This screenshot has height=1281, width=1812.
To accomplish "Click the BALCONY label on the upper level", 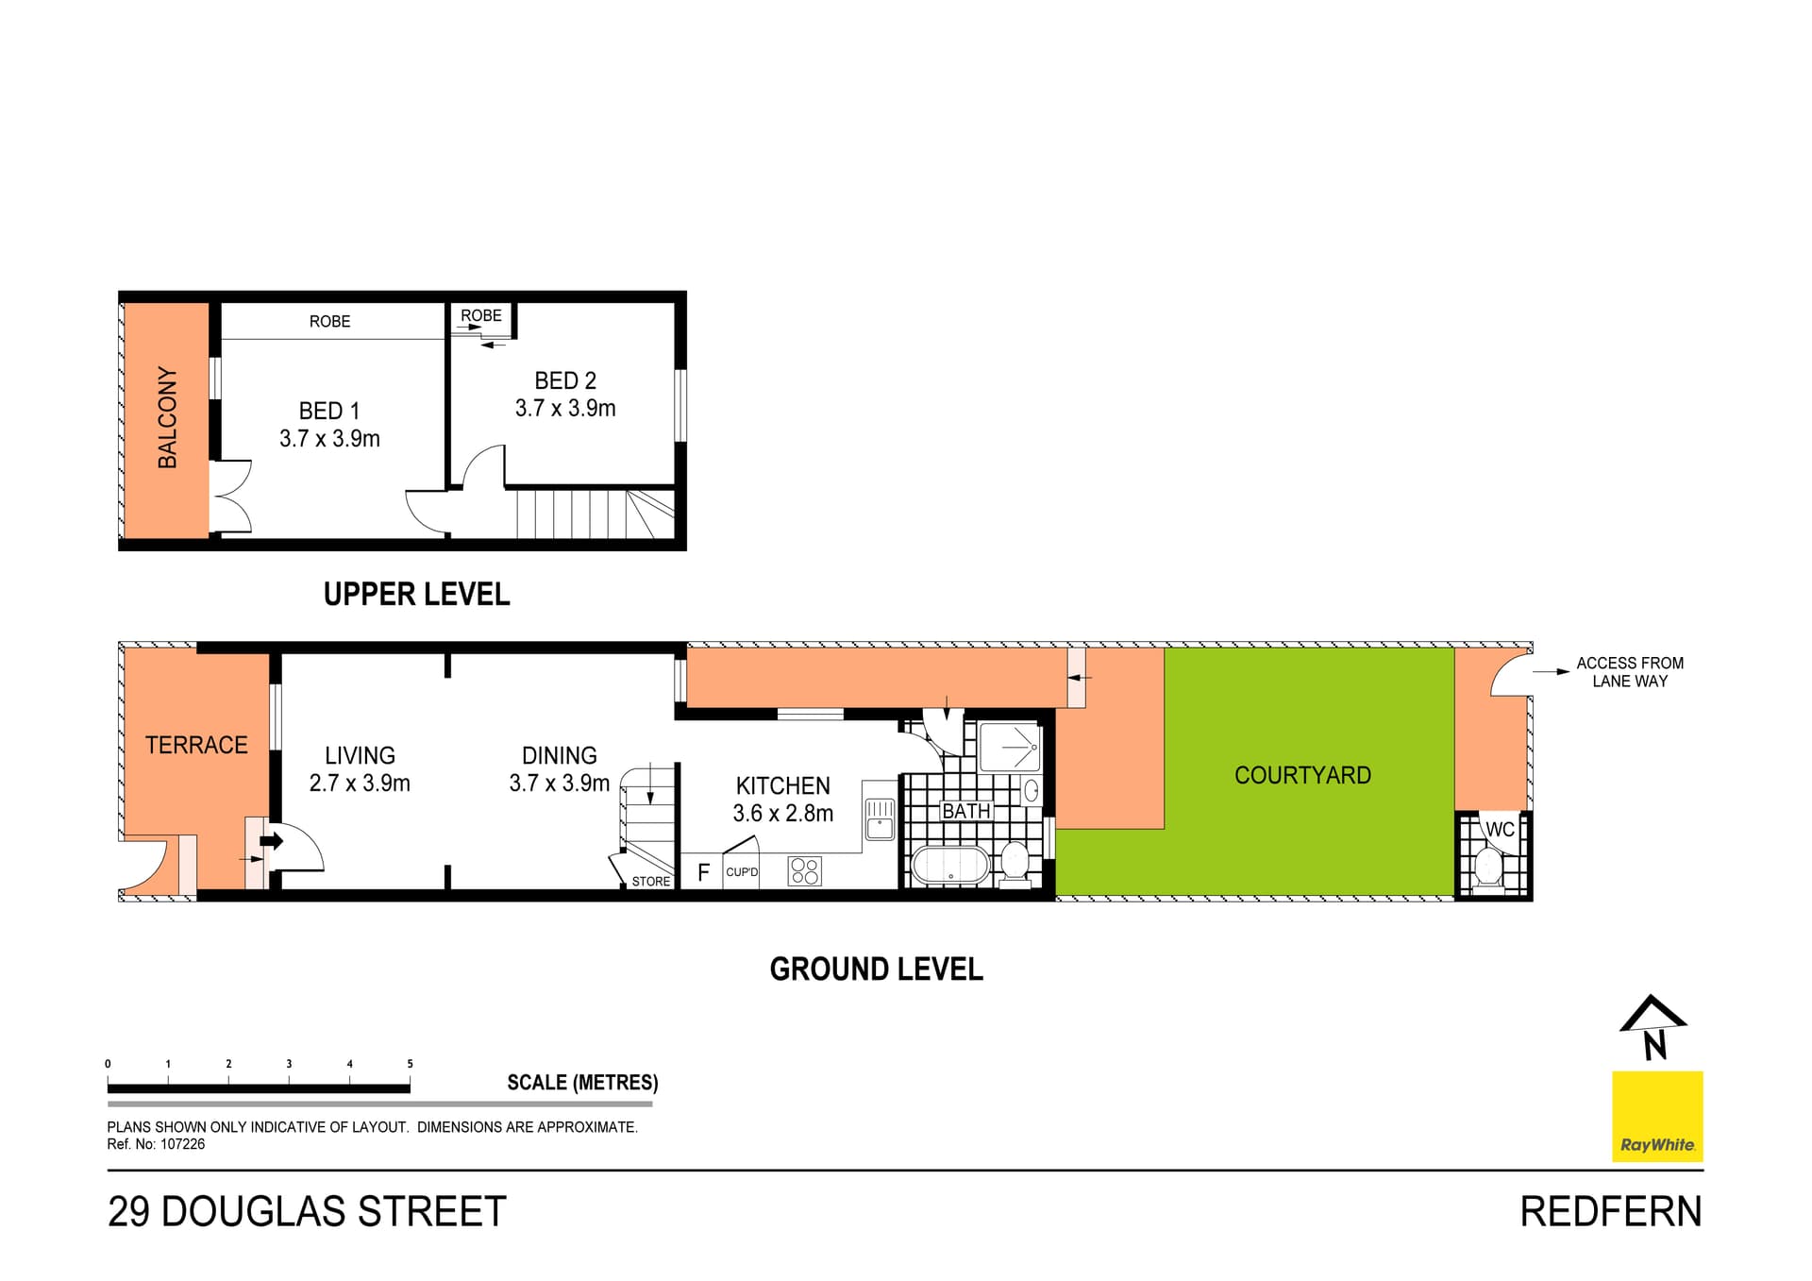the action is [167, 417].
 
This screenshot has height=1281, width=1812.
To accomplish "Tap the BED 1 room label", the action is [329, 411].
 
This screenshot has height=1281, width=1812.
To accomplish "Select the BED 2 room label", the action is [565, 380].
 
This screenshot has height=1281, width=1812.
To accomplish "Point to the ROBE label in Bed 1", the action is [329, 321].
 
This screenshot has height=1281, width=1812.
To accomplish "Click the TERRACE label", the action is [196, 745].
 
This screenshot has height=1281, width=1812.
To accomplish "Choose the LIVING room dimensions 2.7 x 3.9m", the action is [360, 783].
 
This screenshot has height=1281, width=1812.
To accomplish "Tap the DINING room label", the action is [560, 755].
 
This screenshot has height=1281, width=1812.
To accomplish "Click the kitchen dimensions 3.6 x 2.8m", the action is [783, 813].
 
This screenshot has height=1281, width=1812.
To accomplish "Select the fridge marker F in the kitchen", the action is [703, 872].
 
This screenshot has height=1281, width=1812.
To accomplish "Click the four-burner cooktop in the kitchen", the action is [805, 871].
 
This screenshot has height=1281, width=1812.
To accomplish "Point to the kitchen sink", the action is [880, 819].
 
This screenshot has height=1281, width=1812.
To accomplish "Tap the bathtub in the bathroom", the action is [950, 865].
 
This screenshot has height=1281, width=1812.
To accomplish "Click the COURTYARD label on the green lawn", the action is [1302, 775].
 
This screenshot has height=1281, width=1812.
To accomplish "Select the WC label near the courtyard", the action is [1500, 830].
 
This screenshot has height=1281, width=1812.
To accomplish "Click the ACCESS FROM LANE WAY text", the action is [1630, 672].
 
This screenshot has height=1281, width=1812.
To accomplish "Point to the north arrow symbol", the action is [1653, 1026].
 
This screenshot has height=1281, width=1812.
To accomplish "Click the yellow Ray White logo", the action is [1657, 1116].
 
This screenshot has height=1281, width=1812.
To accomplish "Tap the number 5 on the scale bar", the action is [410, 1064].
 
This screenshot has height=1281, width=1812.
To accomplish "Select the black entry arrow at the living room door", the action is [271, 840].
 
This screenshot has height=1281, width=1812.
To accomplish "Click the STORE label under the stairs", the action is [651, 882].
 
